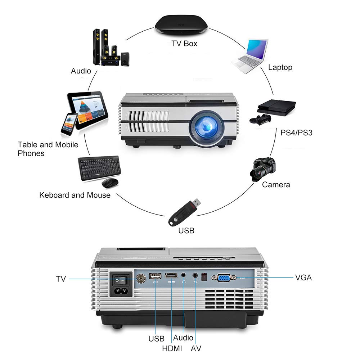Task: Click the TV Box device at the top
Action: pyautogui.click(x=181, y=26)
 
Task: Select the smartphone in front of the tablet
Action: pyautogui.click(x=69, y=124)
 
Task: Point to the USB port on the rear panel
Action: pyautogui.click(x=155, y=276)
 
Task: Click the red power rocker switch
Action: pyautogui.click(x=121, y=278)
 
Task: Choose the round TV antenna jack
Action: pyautogui.click(x=140, y=278)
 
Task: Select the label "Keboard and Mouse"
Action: pyautogui.click(x=75, y=195)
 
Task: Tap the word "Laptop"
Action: pyautogui.click(x=280, y=67)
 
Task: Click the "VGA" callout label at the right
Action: pyautogui.click(x=303, y=278)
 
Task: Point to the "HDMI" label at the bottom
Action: pyautogui.click(x=172, y=348)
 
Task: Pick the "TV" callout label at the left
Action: pyautogui.click(x=61, y=279)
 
